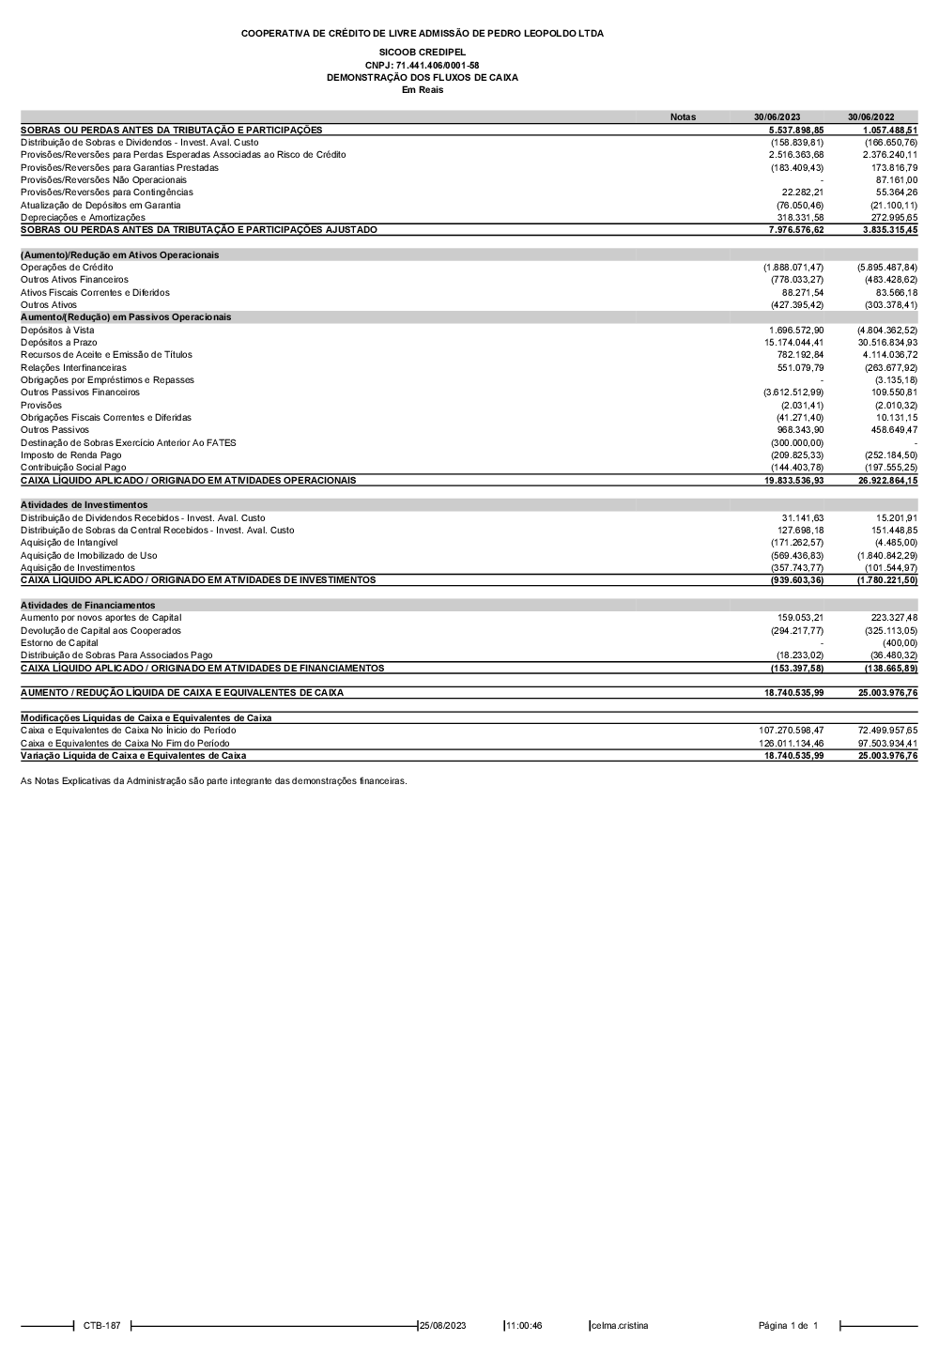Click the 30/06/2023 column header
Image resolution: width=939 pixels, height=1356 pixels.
tap(777, 117)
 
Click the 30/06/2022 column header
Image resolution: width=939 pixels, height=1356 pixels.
tap(870, 117)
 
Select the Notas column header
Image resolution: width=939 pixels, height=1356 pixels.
tap(684, 117)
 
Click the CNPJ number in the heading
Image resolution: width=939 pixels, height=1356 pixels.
tap(422, 65)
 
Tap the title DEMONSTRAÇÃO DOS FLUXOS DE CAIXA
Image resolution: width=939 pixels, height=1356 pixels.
tap(422, 78)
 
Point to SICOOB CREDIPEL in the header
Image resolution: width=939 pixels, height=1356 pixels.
tap(422, 53)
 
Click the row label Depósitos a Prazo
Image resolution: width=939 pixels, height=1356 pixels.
tap(59, 343)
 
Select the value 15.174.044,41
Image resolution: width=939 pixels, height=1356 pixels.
tap(793, 343)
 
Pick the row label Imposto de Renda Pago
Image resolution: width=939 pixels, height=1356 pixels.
tap(71, 455)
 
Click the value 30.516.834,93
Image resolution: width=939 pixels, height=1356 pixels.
tap(887, 343)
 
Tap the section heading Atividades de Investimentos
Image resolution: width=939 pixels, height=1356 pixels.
tap(85, 505)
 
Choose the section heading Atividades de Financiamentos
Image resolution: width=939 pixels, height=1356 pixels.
tap(87, 606)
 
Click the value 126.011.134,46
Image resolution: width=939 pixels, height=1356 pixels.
tap(791, 743)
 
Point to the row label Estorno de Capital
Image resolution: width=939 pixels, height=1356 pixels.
tap(59, 643)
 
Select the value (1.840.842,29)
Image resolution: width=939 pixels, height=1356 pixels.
tap(887, 556)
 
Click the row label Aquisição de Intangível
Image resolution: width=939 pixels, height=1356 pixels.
tap(69, 543)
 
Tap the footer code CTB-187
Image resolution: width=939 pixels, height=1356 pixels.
tap(101, 1326)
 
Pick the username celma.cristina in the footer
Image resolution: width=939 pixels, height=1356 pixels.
tap(620, 1326)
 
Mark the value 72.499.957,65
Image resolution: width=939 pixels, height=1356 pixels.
tap(887, 731)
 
